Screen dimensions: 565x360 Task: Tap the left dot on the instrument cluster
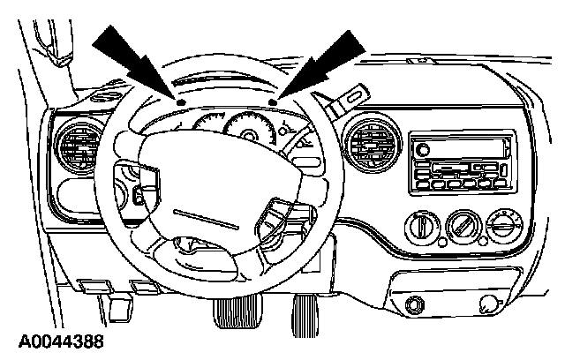179,102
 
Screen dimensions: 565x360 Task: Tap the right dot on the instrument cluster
274,102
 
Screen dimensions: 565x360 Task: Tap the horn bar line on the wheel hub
201,215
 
